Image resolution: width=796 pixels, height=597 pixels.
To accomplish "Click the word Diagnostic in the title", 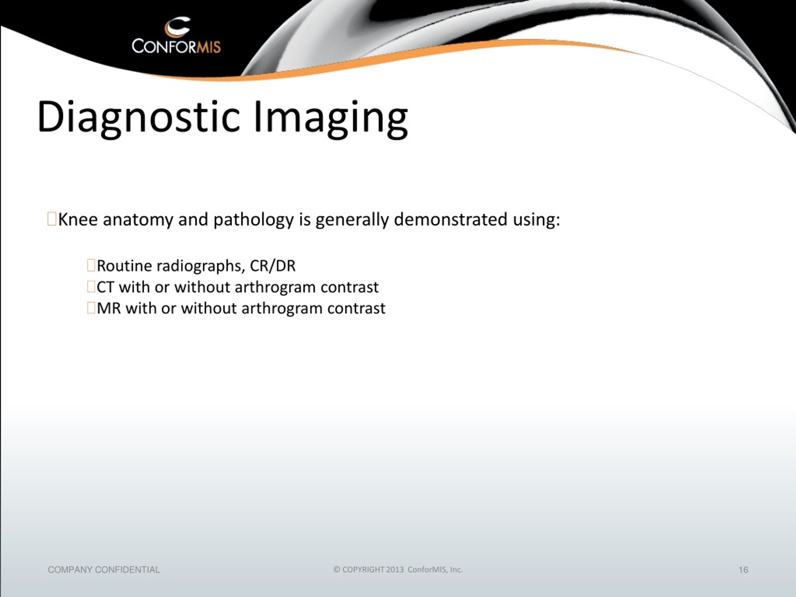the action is [x=138, y=117].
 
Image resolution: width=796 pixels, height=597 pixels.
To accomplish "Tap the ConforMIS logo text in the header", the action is [x=176, y=46].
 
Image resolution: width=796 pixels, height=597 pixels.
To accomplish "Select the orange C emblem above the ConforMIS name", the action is [x=177, y=27].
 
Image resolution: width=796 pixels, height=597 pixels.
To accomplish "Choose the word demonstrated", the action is [x=451, y=219].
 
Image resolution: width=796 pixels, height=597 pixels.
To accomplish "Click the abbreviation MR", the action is [x=109, y=308].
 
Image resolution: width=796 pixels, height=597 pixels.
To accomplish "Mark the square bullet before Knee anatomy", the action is [x=52, y=219].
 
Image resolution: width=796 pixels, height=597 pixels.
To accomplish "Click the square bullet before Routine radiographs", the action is [x=91, y=266].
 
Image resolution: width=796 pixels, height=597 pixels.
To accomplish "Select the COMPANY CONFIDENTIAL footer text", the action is [x=104, y=570].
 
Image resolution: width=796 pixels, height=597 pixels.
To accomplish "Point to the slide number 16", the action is [x=743, y=570].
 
